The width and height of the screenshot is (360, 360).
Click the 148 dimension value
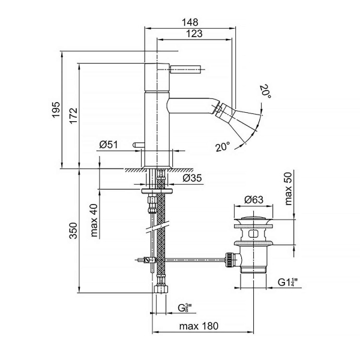pos(190,22)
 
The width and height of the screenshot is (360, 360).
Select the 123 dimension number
pos(194,34)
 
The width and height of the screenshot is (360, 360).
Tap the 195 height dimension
pos(56,110)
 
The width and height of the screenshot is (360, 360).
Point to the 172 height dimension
pos(73,115)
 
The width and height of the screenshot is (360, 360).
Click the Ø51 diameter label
pos(109,145)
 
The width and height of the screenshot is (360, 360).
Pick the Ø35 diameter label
pos(192,178)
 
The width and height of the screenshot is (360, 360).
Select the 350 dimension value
pos(73,230)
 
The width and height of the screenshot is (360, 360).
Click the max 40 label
pos(94,220)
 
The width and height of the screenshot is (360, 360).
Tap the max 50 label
pos(288,188)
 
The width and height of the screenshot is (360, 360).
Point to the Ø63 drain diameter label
pos(253,200)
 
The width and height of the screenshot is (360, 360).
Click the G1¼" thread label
pos(287,282)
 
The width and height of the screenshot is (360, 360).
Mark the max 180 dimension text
pos(199,326)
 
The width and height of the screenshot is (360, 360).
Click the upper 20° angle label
pos(266,91)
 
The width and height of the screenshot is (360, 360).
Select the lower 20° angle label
pos(223,146)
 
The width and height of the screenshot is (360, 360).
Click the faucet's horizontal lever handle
pos(185,68)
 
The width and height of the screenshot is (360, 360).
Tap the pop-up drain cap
pos(253,219)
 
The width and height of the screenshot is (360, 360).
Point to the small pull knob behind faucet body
pos(139,145)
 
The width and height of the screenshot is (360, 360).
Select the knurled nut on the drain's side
pos(230,259)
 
